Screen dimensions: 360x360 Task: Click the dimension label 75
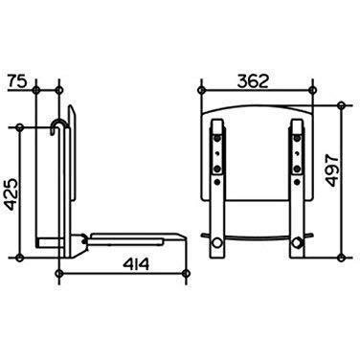16,81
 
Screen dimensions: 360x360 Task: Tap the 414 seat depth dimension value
136,264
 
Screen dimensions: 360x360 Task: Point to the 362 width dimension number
253,81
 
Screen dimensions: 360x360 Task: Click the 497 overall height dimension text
332,170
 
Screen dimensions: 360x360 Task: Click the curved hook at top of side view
58,125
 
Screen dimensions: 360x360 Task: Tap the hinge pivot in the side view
83,239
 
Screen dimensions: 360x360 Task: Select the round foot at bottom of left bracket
217,243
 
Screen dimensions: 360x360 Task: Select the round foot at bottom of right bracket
297,243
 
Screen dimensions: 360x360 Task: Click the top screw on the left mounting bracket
217,139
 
